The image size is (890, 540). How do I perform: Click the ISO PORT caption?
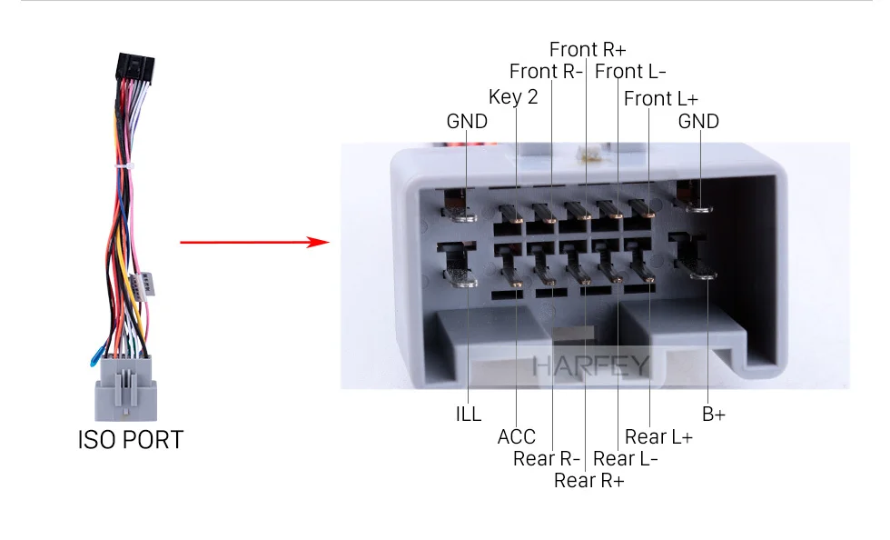(130, 440)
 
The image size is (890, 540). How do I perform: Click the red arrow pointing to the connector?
(253, 243)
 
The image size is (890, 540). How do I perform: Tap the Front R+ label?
(588, 49)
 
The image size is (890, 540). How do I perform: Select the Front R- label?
(545, 71)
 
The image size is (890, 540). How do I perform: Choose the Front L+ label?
(660, 98)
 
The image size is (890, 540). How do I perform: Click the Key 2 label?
(513, 97)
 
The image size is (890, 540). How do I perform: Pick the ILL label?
(469, 415)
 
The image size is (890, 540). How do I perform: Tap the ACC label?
(516, 437)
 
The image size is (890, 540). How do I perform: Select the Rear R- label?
(546, 458)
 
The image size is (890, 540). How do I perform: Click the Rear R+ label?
(588, 480)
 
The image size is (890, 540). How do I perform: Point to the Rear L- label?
(626, 458)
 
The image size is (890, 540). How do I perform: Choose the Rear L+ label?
(658, 437)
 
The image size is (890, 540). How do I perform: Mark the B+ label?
(714, 415)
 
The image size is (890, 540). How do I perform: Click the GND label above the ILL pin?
(467, 122)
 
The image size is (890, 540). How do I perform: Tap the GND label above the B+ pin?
(698, 122)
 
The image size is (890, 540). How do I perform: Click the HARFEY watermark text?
(589, 366)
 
